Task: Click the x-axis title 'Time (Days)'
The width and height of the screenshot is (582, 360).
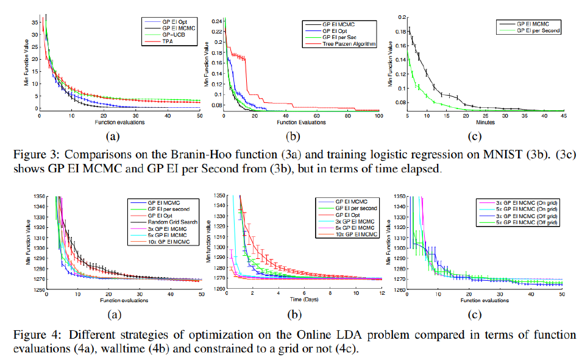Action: point(302,300)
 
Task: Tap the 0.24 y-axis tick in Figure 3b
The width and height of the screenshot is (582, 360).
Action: point(217,21)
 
